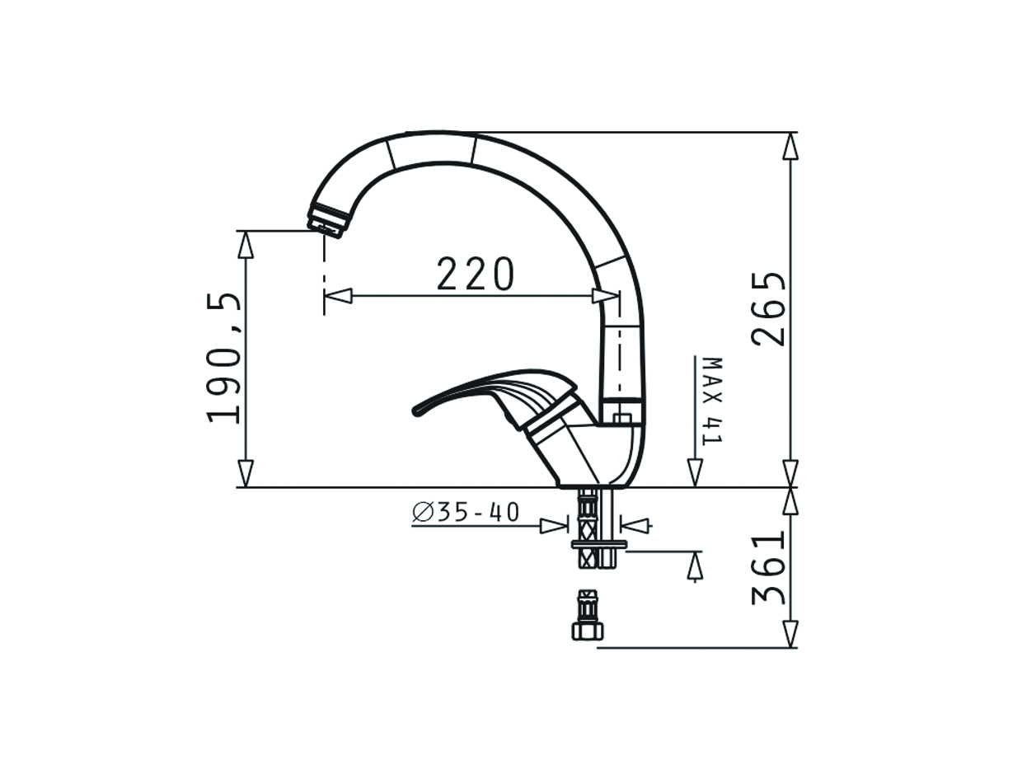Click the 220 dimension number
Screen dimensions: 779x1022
[475, 275]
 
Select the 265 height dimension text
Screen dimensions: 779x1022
[770, 308]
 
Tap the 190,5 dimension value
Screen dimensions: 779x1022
[225, 358]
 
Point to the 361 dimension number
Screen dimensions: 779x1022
[770, 568]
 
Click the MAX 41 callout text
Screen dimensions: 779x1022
[710, 401]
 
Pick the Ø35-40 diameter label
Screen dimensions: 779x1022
[466, 513]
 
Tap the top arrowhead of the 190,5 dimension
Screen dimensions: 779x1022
[246, 245]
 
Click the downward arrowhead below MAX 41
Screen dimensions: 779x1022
[695, 472]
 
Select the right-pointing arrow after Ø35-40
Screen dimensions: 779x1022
[554, 525]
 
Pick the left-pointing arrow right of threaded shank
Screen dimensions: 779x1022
[634, 524]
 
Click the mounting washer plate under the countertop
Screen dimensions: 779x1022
[599, 544]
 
